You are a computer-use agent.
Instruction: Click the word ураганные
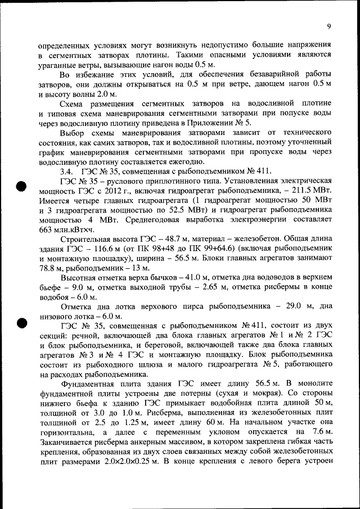click(58, 65)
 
